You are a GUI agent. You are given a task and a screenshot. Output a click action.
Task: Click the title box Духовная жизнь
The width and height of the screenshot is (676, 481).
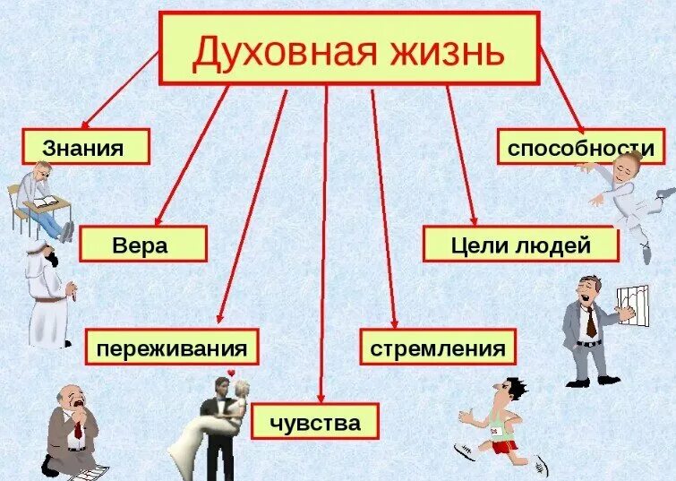pyautogui.click(x=349, y=48)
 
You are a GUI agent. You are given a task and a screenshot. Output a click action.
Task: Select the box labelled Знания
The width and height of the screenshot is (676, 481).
pyautogui.click(x=84, y=146)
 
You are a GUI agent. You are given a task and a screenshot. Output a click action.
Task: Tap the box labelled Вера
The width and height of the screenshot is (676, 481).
pyautogui.click(x=142, y=244)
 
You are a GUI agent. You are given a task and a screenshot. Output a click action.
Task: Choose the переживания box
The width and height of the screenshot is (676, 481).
pyautogui.click(x=172, y=347)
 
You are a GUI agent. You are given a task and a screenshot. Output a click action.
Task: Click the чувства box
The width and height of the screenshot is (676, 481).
pyautogui.click(x=315, y=421)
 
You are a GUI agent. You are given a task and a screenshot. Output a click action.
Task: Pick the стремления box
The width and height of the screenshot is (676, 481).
pyautogui.click(x=439, y=347)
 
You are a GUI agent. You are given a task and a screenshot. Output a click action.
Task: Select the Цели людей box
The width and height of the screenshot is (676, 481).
pyautogui.click(x=520, y=244)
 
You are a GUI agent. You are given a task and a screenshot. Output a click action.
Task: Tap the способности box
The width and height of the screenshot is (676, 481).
pyautogui.click(x=581, y=147)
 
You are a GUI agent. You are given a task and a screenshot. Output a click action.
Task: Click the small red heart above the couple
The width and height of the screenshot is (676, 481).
pyautogui.click(x=231, y=373)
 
